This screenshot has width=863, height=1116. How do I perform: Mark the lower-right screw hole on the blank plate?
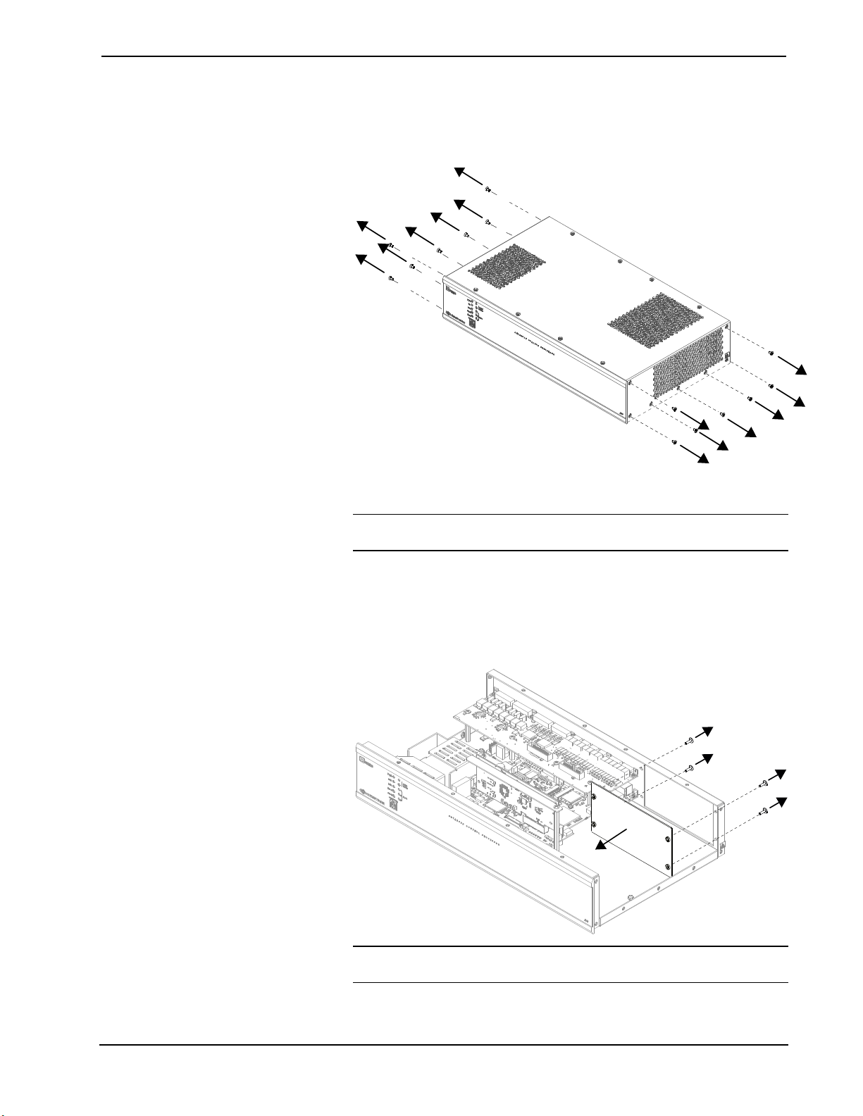tap(667, 865)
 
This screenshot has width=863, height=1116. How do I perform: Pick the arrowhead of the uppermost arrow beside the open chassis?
tap(708, 729)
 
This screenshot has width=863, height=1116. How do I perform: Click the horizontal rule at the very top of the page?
tap(443, 56)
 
